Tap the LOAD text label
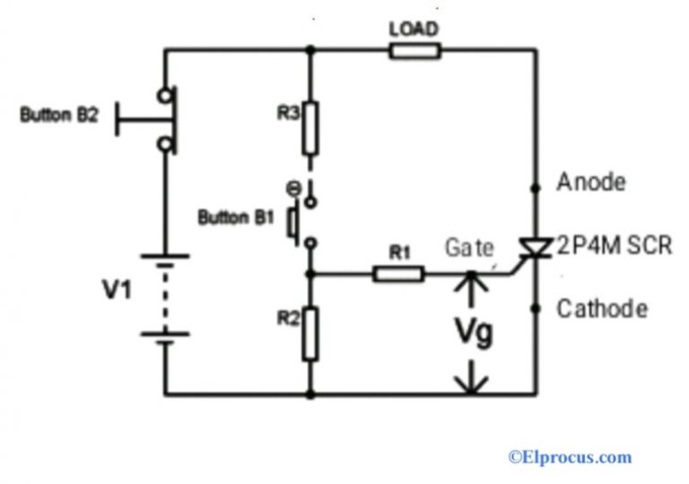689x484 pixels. pos(414,30)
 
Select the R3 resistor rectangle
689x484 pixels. pos(310,128)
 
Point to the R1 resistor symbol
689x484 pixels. pos(397,273)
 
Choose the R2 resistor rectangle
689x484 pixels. pos(310,333)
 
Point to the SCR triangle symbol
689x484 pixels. pos(536,245)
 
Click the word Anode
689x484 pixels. pos(590,183)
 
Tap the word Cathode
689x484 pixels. pos(602,309)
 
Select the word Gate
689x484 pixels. pos(469,249)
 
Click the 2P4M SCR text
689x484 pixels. pos(614,245)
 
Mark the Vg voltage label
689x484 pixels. pos(472,333)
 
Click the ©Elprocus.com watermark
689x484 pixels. pos(571,457)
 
